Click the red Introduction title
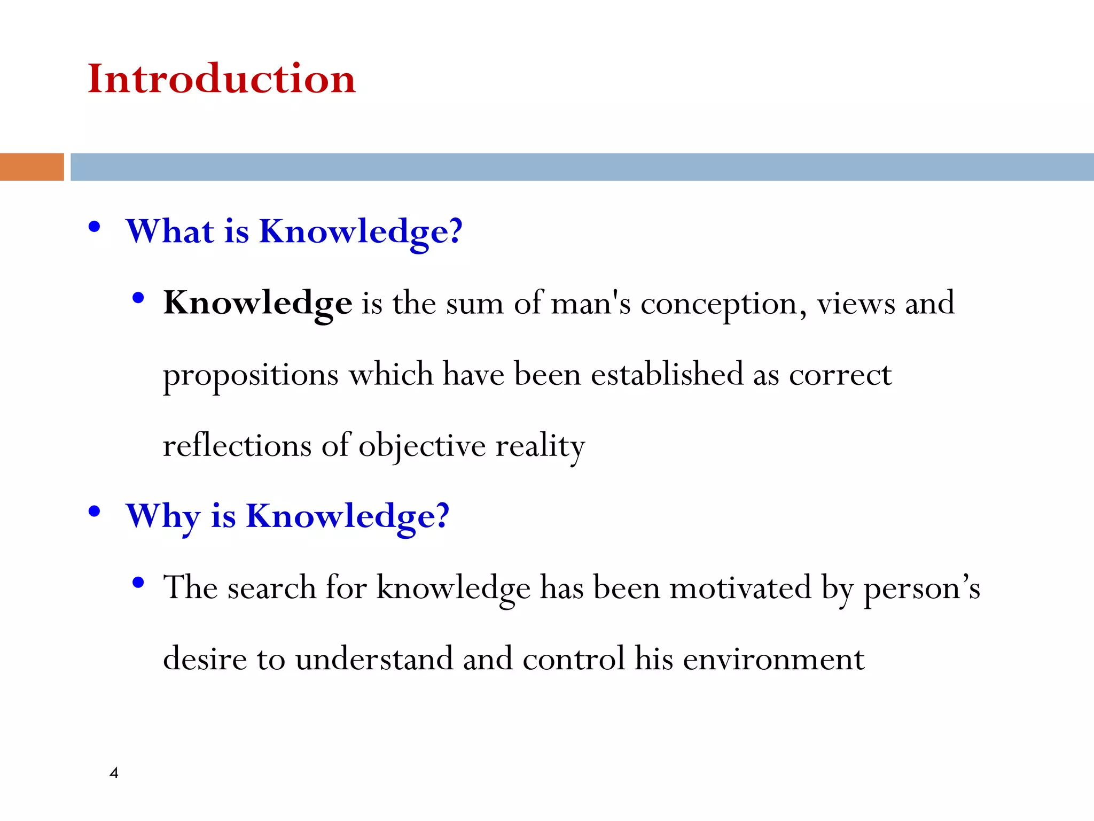(221, 79)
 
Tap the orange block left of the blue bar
(32, 167)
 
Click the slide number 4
(114, 772)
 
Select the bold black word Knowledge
(257, 303)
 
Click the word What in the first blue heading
(170, 231)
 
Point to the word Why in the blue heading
(163, 516)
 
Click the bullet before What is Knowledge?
(95, 227)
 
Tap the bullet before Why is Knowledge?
(95, 512)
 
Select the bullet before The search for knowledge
(138, 583)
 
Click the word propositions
(251, 375)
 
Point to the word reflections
(237, 445)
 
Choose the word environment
(773, 659)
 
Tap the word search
(272, 587)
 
